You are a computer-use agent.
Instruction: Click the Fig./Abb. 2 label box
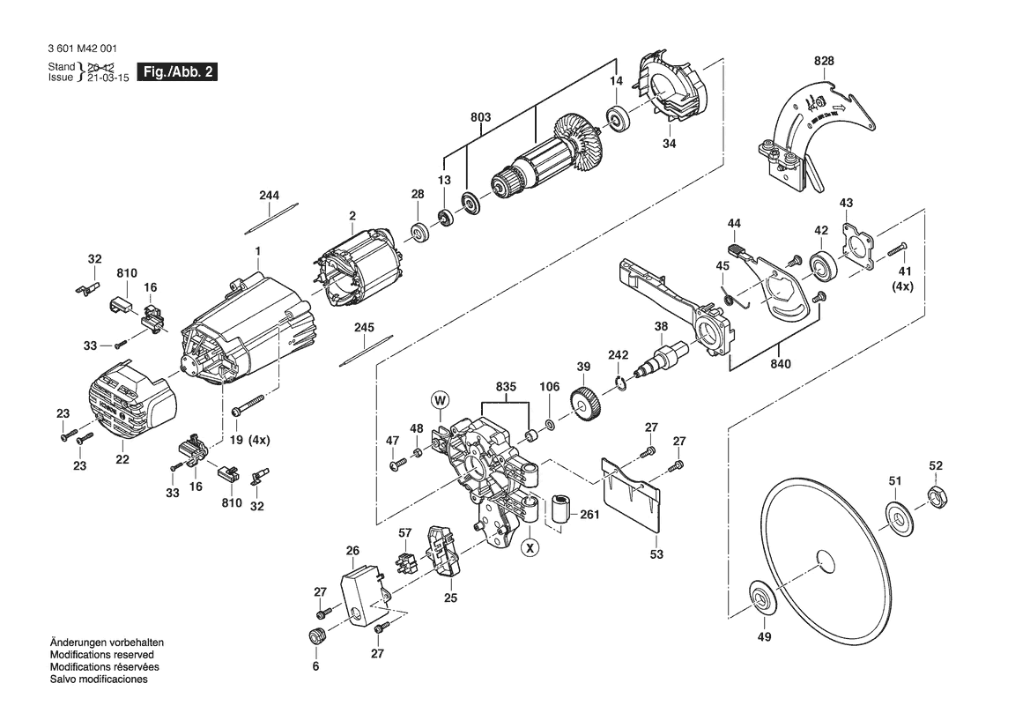(177, 72)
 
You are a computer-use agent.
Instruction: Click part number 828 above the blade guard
(824, 61)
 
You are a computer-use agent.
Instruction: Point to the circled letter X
(529, 547)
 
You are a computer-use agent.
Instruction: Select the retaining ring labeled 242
(620, 382)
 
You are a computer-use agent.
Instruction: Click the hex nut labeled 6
(316, 636)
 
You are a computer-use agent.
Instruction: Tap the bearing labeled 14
(617, 116)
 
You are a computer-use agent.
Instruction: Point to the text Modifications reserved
(102, 655)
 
